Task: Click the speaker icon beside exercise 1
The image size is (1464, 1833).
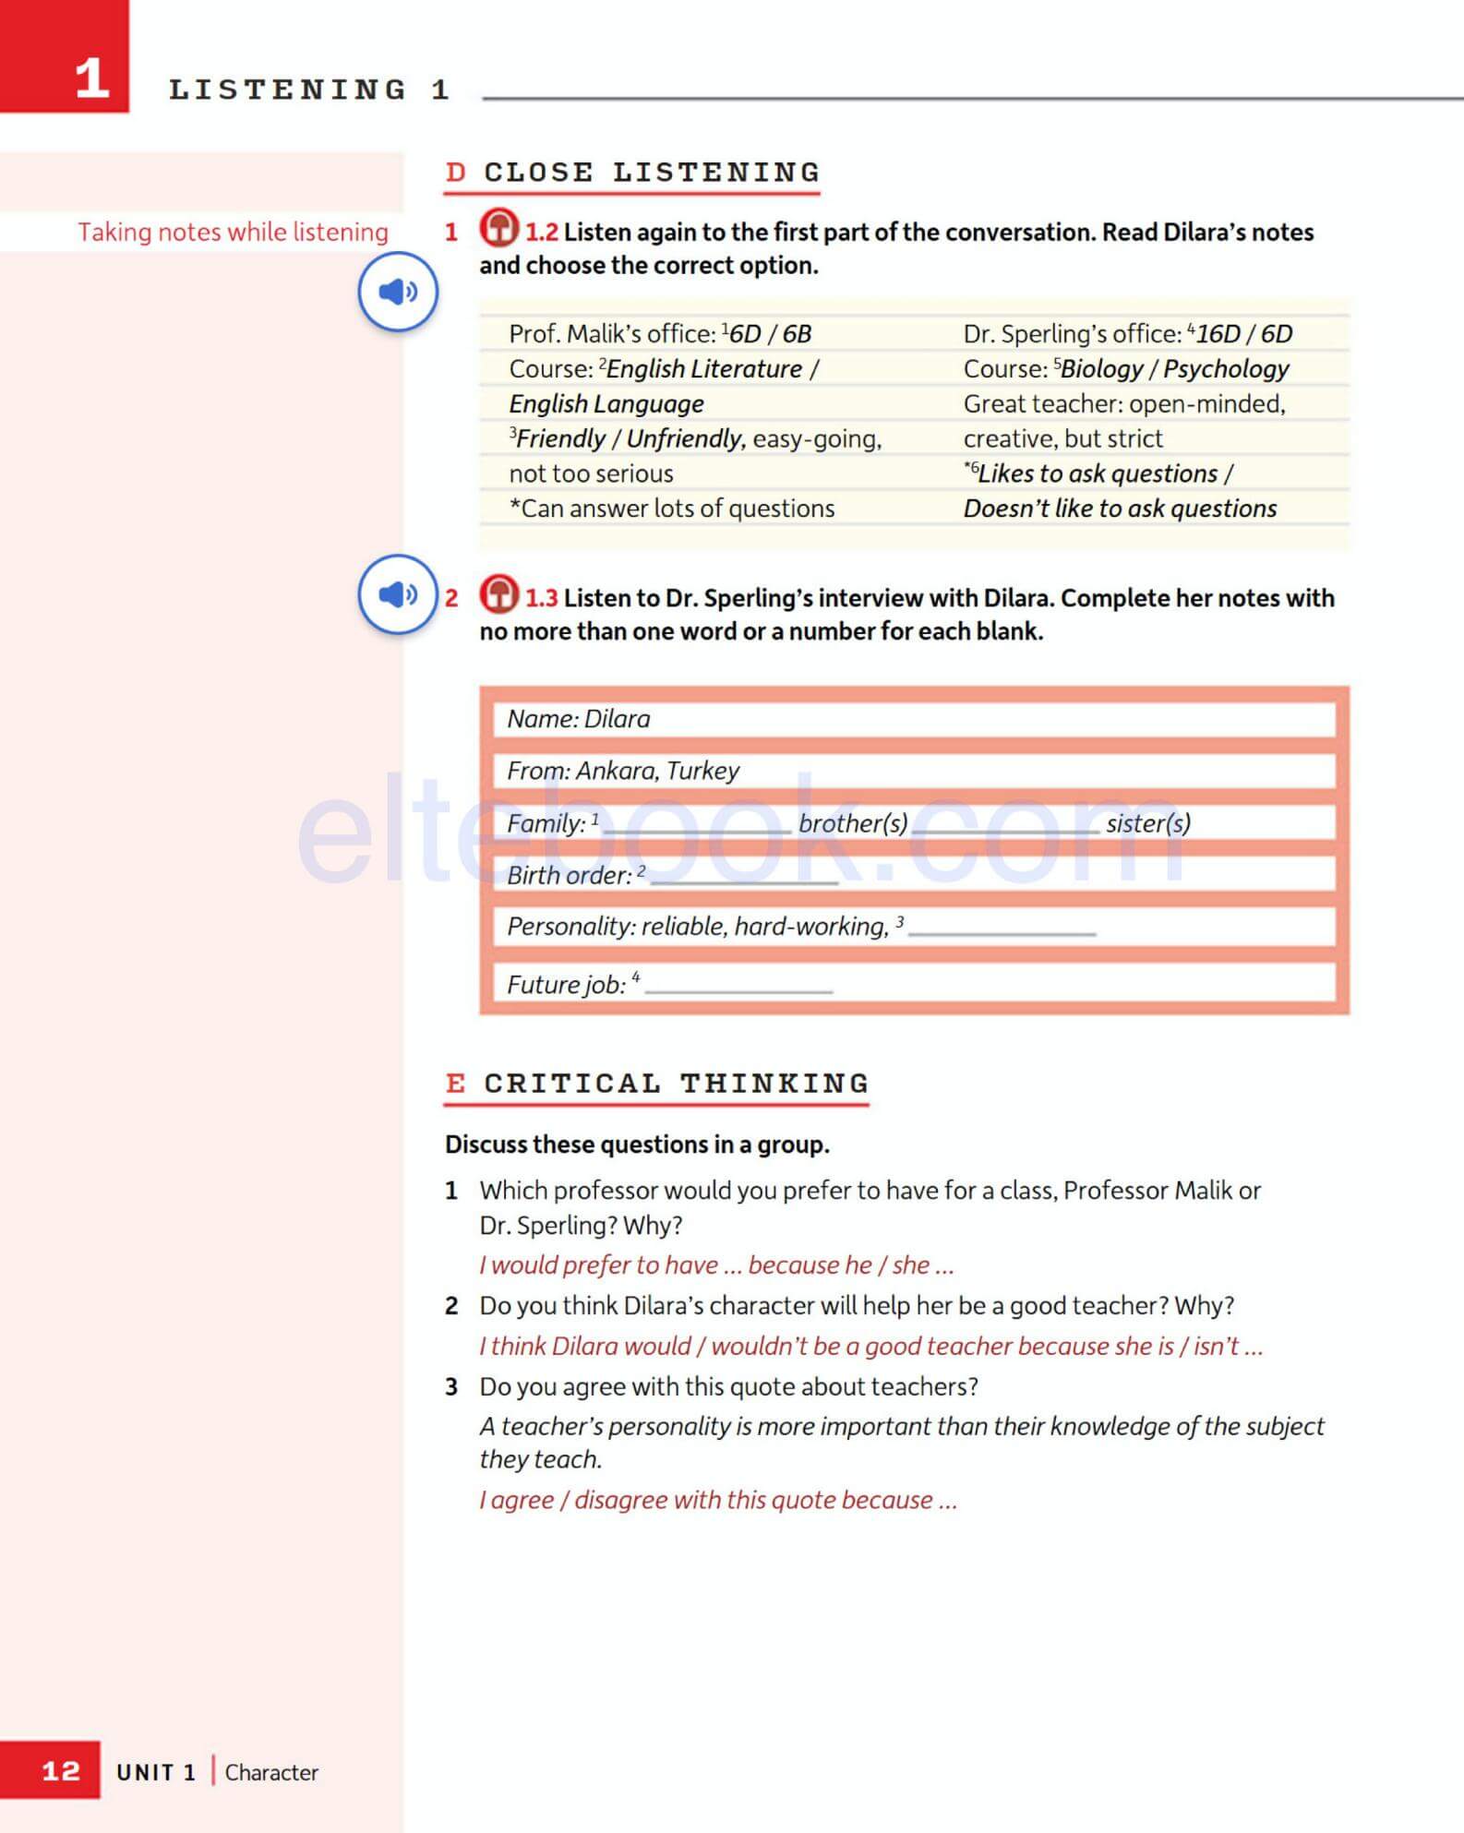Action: [x=398, y=292]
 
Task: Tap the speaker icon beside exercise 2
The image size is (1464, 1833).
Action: [x=398, y=594]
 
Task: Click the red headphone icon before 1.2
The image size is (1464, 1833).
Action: [x=498, y=228]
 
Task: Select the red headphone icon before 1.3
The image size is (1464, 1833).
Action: [x=498, y=594]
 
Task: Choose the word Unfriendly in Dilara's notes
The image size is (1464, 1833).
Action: [x=685, y=438]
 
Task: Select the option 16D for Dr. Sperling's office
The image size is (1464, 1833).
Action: [x=1218, y=334]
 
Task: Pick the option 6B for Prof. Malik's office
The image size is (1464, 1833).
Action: [x=797, y=334]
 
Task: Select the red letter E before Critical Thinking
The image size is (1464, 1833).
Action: [x=455, y=1083]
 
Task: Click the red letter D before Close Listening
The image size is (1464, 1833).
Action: [x=455, y=173]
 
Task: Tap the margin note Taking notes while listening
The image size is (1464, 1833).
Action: [x=233, y=232]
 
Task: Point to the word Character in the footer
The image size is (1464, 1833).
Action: [x=271, y=1772]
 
